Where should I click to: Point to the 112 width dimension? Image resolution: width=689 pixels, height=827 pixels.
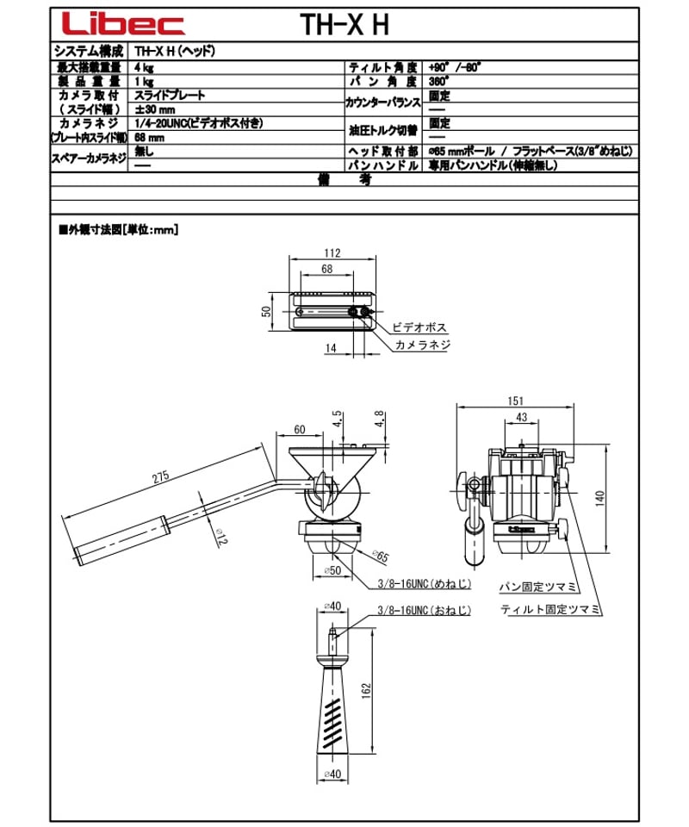(332, 253)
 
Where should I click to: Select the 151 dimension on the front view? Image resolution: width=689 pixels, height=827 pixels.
(513, 401)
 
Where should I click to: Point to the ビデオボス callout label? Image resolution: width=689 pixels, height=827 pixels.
(419, 328)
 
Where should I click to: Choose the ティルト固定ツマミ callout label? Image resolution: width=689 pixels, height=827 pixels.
(549, 608)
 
